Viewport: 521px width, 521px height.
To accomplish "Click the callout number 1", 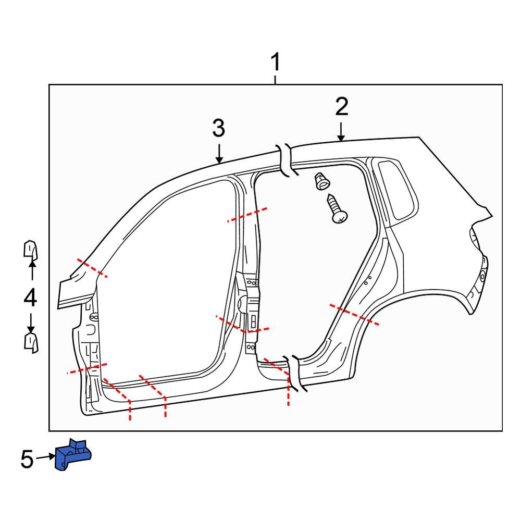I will [275, 63].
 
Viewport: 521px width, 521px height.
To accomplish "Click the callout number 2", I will [341, 107].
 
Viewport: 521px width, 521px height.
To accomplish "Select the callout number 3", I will [218, 128].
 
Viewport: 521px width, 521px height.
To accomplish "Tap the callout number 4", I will [30, 298].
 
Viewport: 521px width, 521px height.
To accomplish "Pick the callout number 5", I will [27, 460].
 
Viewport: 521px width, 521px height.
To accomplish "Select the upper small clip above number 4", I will [31, 250].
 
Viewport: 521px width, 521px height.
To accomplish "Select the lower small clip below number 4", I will [31, 343].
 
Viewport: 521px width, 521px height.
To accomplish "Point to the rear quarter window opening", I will [396, 190].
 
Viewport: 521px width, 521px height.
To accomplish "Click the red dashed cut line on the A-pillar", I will [92, 268].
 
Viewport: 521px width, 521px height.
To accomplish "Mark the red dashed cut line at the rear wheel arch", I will [354, 315].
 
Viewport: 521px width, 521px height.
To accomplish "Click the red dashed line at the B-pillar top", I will [248, 215].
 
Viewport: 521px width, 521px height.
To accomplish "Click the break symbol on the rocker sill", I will [293, 373].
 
